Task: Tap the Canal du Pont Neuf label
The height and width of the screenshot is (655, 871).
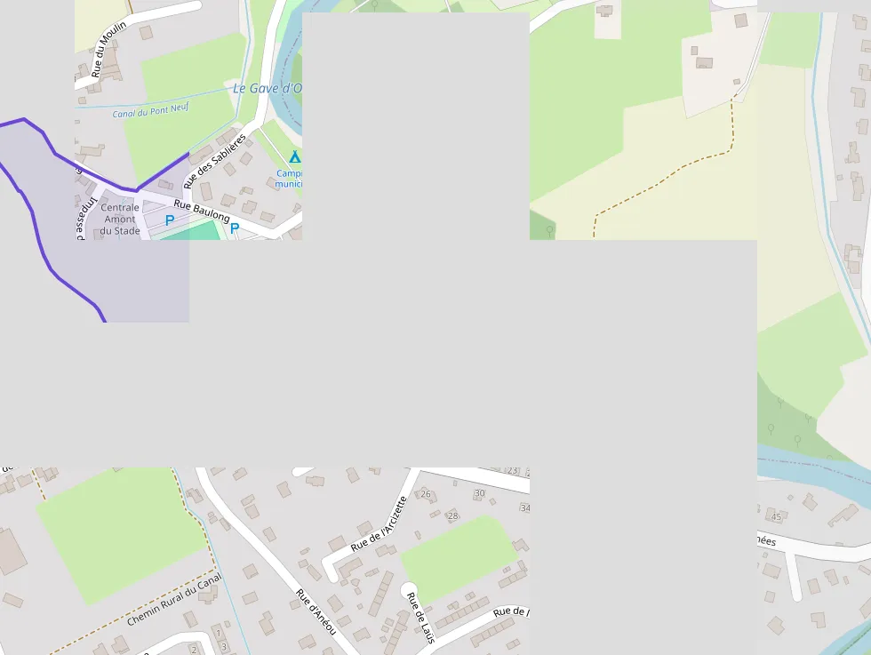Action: (x=150, y=111)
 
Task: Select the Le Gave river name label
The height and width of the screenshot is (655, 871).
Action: (x=267, y=89)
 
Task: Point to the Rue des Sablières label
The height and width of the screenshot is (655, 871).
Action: (x=214, y=161)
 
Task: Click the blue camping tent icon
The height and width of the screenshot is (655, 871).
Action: (x=294, y=157)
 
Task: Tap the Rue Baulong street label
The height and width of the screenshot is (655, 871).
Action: (x=202, y=211)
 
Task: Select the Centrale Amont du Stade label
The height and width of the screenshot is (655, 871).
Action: (x=120, y=219)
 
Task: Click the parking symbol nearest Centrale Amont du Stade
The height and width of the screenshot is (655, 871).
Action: (x=170, y=220)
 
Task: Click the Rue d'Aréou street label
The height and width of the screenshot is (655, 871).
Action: (x=316, y=611)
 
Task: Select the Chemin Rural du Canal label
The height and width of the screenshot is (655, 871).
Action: (x=173, y=600)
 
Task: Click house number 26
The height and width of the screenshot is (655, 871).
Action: (x=425, y=494)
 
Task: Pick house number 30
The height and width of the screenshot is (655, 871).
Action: (x=480, y=492)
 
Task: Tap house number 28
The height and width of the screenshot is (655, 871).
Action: (x=452, y=515)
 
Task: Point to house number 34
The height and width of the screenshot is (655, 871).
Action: (x=524, y=508)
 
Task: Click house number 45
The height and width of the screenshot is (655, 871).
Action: (x=776, y=516)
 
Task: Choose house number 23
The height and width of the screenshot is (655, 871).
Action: (x=512, y=470)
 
